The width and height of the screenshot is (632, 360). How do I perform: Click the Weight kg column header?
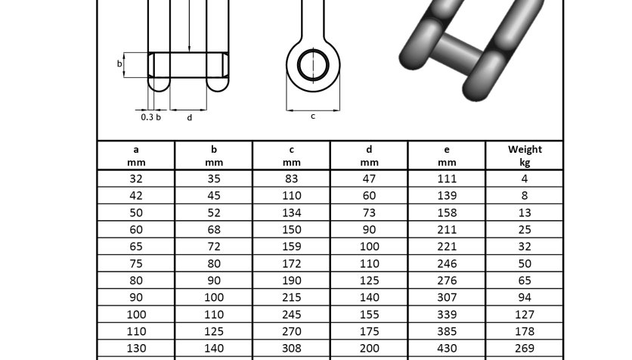click(x=525, y=156)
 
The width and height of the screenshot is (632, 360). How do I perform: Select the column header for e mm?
click(x=447, y=156)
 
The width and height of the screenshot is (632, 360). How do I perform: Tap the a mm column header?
click(x=136, y=156)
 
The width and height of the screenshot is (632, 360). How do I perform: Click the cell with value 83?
click(x=291, y=178)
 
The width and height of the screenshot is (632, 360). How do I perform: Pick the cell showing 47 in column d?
click(x=369, y=178)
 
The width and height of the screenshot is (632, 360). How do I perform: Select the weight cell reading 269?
click(x=525, y=348)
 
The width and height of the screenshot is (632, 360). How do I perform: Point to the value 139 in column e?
click(x=447, y=196)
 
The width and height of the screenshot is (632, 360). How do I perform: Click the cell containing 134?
click(x=291, y=213)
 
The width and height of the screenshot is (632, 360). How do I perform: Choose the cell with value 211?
click(x=447, y=229)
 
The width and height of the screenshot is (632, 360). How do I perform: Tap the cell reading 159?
click(x=291, y=247)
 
